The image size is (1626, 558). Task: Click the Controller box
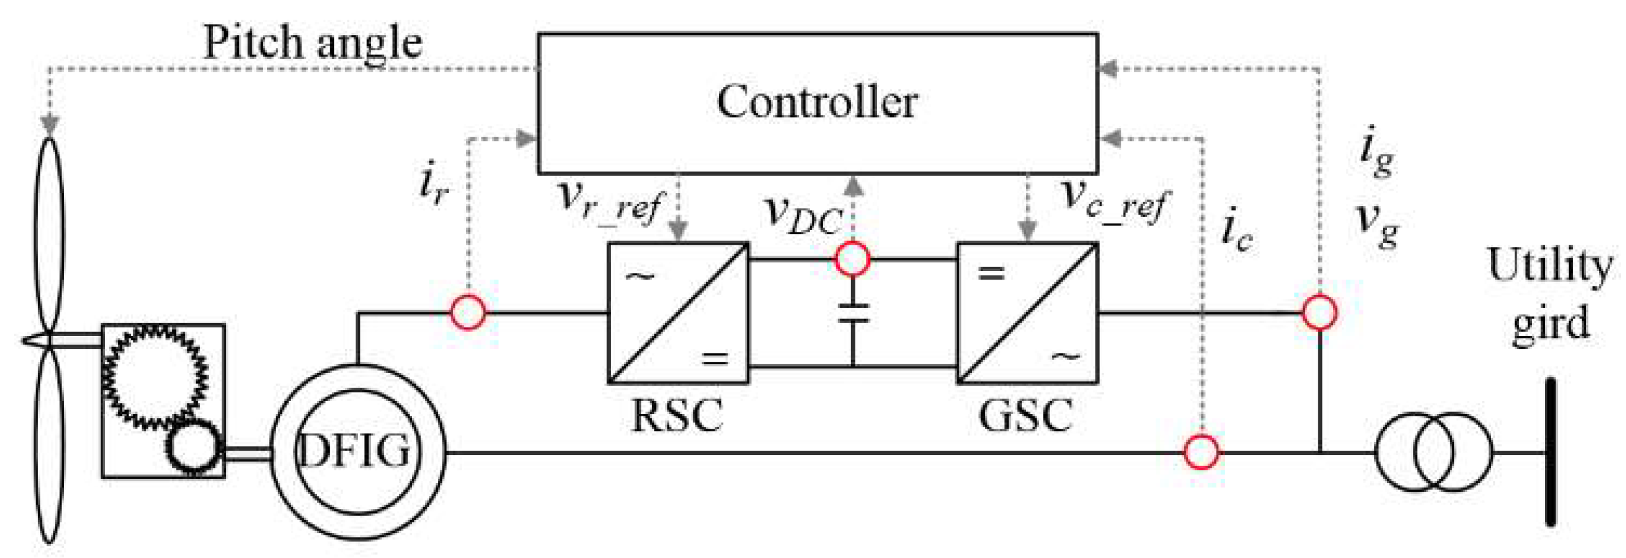point(817,104)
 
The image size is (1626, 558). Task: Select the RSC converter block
point(678,313)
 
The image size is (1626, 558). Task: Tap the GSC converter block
point(1028,313)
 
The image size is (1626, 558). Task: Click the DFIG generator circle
point(357,451)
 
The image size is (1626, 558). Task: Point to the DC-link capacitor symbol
point(853,313)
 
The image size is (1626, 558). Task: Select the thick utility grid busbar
point(1550,451)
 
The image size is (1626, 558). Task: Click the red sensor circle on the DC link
point(853,259)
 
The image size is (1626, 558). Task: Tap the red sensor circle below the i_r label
point(468,312)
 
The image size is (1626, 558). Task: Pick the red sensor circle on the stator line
point(1200,451)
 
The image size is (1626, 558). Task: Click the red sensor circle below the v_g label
point(1319,312)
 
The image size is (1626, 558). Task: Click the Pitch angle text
point(313,44)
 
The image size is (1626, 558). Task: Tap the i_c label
point(1237,232)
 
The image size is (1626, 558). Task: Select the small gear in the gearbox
point(192,446)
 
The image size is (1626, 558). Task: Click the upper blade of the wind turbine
point(49,233)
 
